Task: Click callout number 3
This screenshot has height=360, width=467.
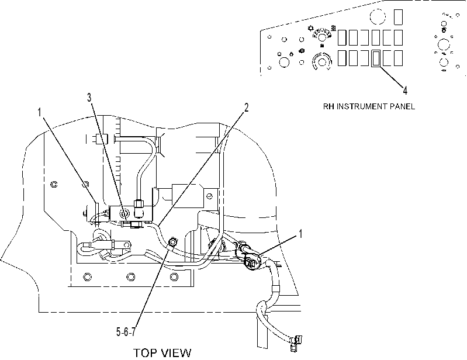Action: pos(89,97)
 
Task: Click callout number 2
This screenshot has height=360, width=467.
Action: pos(246,108)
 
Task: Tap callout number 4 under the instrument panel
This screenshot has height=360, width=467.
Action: pos(405,90)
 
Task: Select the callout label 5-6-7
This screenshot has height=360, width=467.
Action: pos(126,332)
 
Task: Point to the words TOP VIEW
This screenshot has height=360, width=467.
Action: pos(162,353)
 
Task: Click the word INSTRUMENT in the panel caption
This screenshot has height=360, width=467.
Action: pos(369,106)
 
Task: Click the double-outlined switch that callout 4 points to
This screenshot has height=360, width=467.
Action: pos(376,58)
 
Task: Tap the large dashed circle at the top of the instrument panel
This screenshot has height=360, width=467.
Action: pos(378,16)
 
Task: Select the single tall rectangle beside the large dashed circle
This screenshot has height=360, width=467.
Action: pos(399,17)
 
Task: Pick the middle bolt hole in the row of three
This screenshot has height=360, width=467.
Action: pos(130,277)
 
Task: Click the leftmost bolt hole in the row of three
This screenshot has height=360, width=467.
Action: pos(87,277)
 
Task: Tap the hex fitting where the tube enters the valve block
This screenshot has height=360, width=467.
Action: pos(139,204)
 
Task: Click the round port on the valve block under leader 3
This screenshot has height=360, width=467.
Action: pos(123,213)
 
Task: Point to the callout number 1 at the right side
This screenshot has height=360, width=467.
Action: pos(300,234)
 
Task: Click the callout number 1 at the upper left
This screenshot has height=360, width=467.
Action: pos(40,113)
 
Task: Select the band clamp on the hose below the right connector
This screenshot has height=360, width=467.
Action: pos(276,288)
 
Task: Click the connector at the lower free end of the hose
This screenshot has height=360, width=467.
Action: pos(295,343)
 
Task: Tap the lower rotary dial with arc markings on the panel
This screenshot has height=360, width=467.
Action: pos(321,62)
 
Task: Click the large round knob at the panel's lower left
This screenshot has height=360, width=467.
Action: pos(283,62)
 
